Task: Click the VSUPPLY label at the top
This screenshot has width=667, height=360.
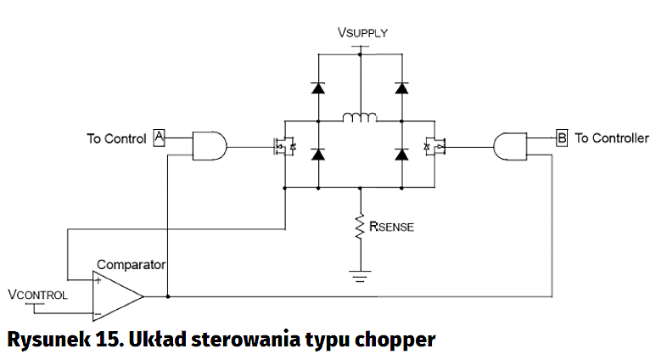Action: click(362, 33)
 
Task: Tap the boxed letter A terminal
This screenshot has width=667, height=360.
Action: click(158, 138)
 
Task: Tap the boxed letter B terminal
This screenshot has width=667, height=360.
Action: click(561, 137)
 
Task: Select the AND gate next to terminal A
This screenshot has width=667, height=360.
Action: click(209, 146)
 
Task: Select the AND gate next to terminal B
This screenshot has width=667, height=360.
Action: click(509, 145)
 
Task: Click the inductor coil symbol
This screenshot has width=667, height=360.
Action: click(360, 117)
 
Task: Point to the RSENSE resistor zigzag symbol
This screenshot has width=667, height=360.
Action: click(361, 228)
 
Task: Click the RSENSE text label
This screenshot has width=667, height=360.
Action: click(391, 227)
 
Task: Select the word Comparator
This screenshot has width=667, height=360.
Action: click(131, 265)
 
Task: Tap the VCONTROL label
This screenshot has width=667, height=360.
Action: click(36, 295)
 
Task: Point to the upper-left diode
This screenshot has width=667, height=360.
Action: click(318, 87)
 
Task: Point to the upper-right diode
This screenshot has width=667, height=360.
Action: click(401, 87)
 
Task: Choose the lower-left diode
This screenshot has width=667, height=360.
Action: click(318, 154)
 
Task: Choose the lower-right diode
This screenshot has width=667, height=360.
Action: click(401, 154)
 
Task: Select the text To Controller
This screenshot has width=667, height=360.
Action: click(612, 138)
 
